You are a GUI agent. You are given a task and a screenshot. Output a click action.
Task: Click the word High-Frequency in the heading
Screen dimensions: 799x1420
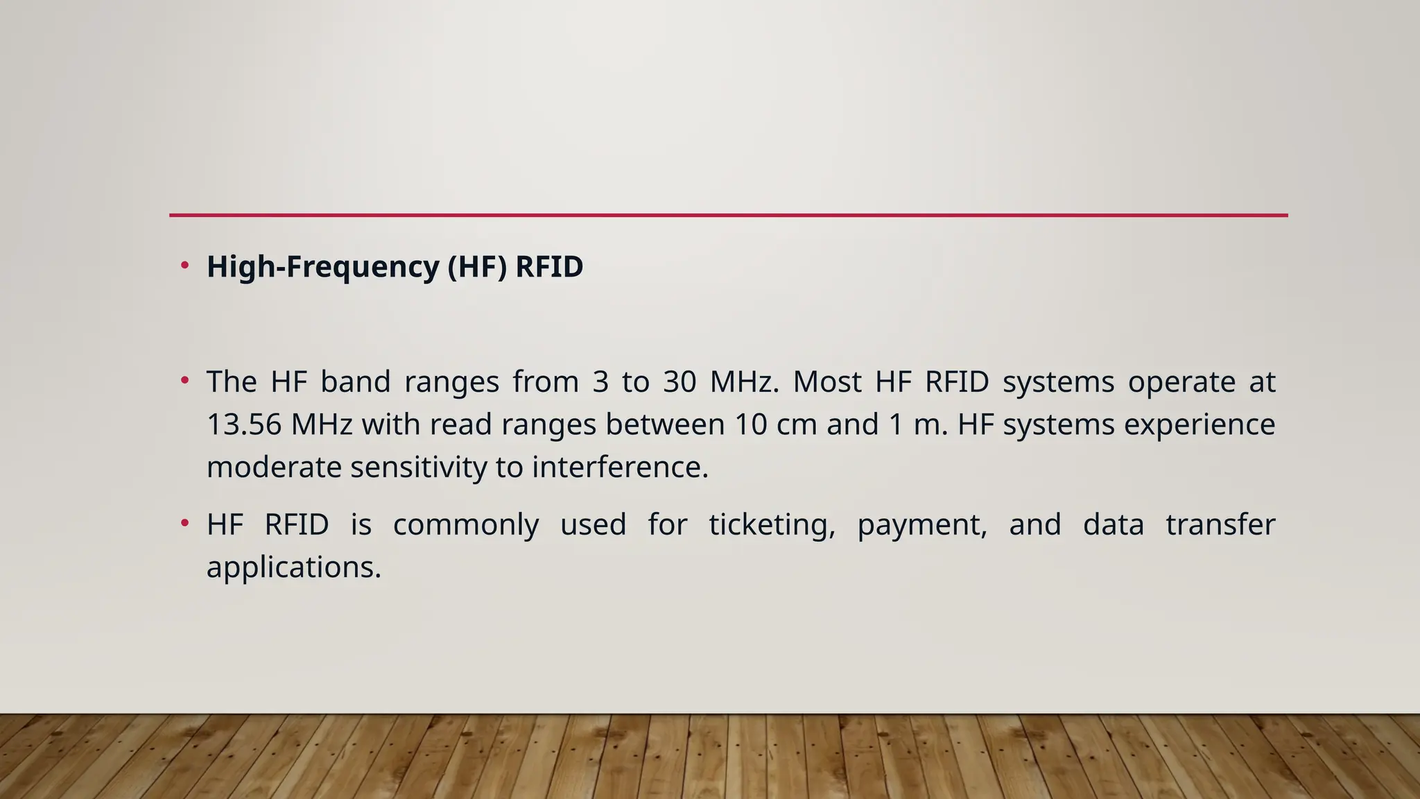(x=322, y=267)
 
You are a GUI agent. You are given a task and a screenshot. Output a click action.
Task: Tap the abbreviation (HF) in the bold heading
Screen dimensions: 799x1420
(x=477, y=267)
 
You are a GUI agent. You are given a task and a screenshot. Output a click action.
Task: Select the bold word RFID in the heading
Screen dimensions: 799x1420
(x=548, y=267)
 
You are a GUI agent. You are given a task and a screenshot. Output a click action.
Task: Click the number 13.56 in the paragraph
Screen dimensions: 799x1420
(x=244, y=424)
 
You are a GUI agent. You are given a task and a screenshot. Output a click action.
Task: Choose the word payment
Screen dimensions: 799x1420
(x=921, y=525)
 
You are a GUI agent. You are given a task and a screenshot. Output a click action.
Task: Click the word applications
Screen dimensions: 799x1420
(x=294, y=567)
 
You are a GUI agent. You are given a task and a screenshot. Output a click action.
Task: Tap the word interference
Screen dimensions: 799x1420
(x=620, y=467)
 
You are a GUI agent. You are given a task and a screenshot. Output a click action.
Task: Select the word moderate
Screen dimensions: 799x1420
(x=274, y=467)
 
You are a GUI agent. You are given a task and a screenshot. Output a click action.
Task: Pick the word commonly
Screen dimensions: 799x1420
(x=465, y=525)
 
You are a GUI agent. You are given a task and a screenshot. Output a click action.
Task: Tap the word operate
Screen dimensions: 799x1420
(x=1181, y=382)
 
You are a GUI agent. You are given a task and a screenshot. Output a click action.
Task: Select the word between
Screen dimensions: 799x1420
(x=665, y=424)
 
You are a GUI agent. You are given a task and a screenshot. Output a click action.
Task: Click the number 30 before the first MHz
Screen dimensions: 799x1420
(x=679, y=382)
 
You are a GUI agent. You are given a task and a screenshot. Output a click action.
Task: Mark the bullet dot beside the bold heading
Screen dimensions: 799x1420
(x=184, y=265)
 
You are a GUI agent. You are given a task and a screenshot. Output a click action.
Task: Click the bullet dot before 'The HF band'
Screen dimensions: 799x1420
(x=184, y=380)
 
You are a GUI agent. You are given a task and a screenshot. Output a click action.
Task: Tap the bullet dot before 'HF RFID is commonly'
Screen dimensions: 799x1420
(x=184, y=523)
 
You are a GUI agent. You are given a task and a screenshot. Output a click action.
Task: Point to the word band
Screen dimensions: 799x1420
(x=355, y=382)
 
